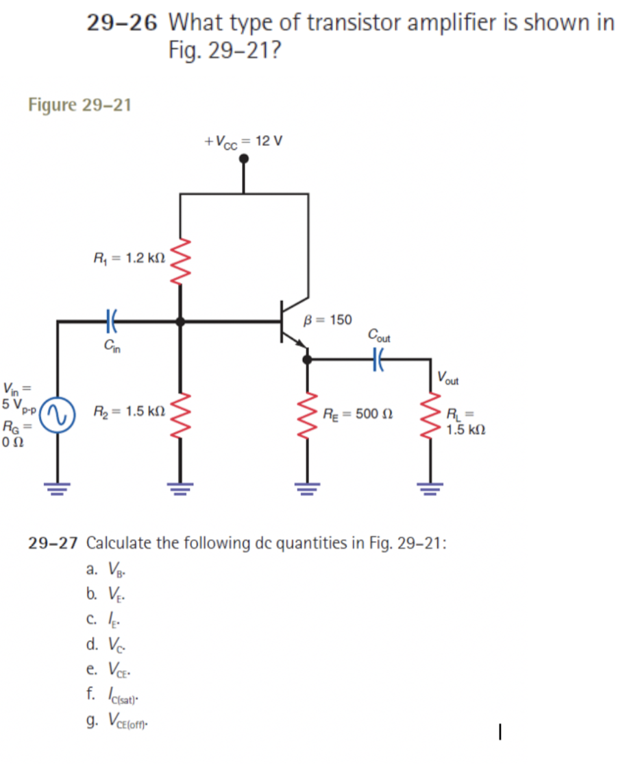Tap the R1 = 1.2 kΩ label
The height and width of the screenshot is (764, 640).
click(x=127, y=259)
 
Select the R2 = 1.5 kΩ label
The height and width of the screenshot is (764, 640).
click(x=127, y=411)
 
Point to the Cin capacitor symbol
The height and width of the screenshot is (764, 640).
click(x=112, y=320)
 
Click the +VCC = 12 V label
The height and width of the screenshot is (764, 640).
click(x=245, y=142)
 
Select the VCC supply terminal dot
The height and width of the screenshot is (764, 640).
click(x=244, y=159)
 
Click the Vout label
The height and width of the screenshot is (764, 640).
click(x=449, y=379)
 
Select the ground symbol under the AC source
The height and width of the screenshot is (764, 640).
click(x=57, y=488)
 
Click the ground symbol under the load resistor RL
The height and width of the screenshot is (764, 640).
click(x=431, y=488)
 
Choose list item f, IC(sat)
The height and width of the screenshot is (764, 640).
click(x=113, y=695)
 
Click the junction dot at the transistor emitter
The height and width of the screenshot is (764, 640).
click(x=307, y=357)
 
